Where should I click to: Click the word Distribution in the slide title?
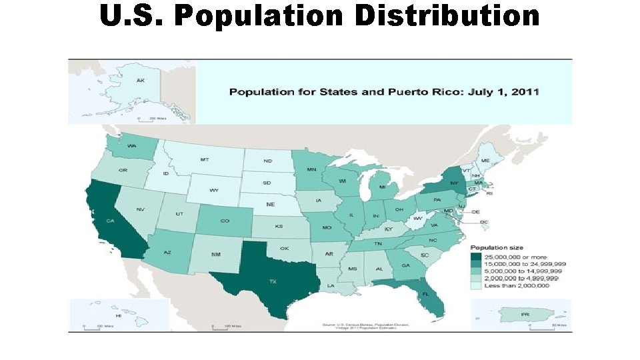click(x=447, y=15)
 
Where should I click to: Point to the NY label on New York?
click(x=454, y=183)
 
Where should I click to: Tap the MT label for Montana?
click(x=205, y=160)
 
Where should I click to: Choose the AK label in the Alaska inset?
click(x=141, y=81)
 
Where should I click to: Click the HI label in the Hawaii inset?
click(x=118, y=315)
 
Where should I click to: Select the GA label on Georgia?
click(x=405, y=265)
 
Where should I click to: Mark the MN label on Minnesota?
click(x=311, y=169)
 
